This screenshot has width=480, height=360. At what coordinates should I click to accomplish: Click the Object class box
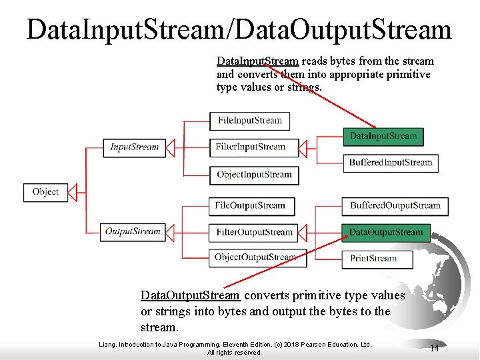(45, 192)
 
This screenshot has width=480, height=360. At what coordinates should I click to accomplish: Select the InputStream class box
(134, 147)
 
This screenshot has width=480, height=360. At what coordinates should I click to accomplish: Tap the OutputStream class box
(133, 232)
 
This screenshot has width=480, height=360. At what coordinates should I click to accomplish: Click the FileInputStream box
(250, 121)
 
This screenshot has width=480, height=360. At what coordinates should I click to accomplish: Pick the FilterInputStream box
(250, 147)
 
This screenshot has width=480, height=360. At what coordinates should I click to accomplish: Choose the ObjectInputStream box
(254, 175)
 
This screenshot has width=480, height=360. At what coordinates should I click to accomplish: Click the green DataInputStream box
(383, 136)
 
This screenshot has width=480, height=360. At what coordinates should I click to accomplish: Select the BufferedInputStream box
(391, 163)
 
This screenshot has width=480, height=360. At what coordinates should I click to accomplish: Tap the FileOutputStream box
(250, 206)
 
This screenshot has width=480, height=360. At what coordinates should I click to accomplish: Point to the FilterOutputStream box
(254, 233)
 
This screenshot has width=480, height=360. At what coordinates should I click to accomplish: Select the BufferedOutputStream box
(395, 206)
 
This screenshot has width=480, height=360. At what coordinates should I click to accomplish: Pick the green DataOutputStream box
(386, 233)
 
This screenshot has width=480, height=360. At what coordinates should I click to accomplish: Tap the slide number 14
(434, 348)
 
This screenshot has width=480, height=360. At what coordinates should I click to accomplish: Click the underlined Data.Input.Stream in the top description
(257, 61)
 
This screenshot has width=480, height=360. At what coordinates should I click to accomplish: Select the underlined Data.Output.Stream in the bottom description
(190, 295)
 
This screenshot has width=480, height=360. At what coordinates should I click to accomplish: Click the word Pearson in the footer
(317, 345)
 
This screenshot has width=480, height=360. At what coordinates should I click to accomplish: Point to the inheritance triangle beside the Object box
(73, 192)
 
